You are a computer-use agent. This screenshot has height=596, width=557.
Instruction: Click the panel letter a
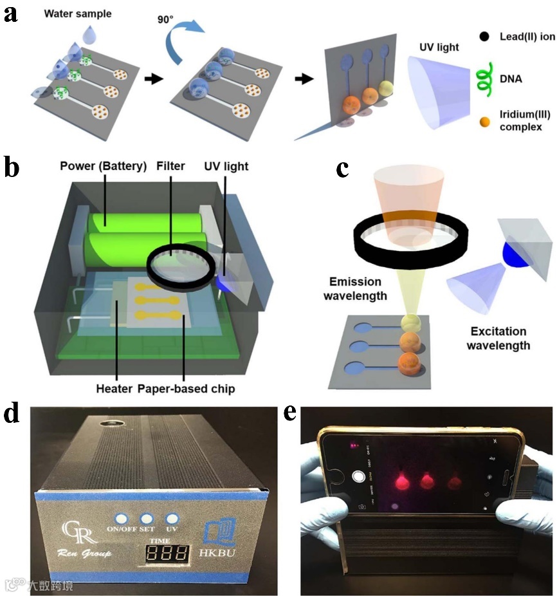click(x=10, y=14)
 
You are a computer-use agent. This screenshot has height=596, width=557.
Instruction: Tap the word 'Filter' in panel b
click(x=170, y=166)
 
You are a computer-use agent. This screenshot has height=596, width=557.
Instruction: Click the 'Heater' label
click(x=114, y=389)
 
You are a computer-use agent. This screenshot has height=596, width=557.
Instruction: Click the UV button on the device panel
click(x=172, y=518)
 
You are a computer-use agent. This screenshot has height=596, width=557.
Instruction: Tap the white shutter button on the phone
click(x=358, y=477)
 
